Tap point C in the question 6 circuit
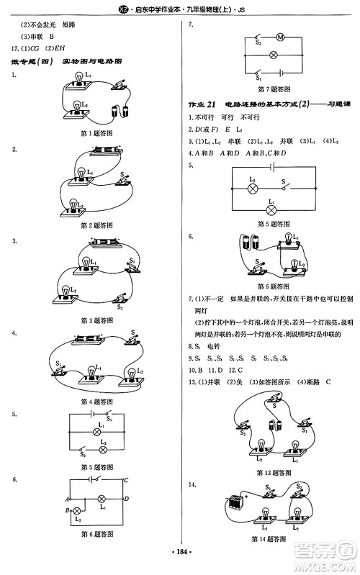126,481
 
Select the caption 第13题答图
274,473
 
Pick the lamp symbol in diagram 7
273,55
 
